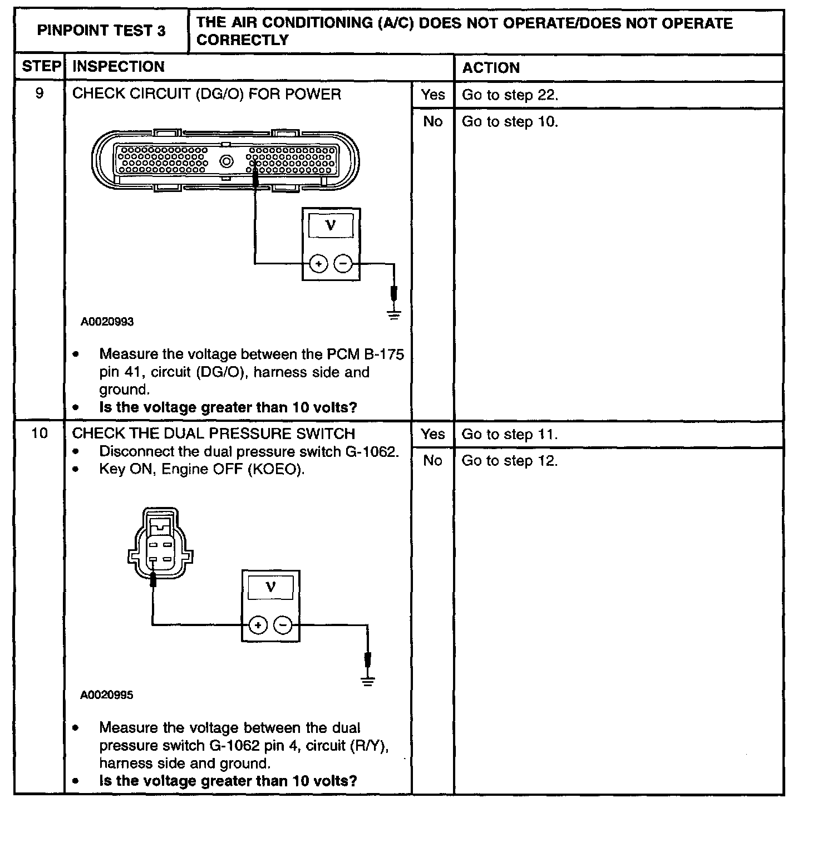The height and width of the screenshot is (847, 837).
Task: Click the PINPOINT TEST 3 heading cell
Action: (x=101, y=31)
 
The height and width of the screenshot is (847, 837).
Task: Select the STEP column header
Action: (x=41, y=67)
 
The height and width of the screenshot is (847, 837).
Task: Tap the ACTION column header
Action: (x=491, y=68)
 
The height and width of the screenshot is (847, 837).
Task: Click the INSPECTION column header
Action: (x=119, y=67)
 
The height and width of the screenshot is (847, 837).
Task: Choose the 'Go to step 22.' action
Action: (x=510, y=95)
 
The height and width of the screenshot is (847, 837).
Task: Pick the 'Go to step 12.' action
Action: (x=510, y=461)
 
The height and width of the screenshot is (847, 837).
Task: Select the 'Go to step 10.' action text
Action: (x=510, y=121)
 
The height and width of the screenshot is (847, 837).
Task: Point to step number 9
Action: (x=40, y=93)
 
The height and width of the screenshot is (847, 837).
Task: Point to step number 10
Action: (x=40, y=433)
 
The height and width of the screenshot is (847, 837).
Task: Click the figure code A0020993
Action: (x=107, y=322)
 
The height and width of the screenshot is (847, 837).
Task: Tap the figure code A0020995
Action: (x=107, y=695)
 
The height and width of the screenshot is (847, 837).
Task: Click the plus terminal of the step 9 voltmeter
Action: (x=318, y=264)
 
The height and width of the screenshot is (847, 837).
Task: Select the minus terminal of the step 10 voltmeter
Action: (x=284, y=625)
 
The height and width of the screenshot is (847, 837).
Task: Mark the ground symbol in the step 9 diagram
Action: (x=394, y=315)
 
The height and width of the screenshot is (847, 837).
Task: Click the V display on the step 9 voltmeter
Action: (x=331, y=225)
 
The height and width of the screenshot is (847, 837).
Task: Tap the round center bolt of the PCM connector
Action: (x=227, y=162)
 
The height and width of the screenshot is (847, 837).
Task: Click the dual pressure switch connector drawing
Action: (x=160, y=543)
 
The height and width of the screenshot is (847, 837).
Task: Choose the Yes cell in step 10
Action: (x=432, y=434)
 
